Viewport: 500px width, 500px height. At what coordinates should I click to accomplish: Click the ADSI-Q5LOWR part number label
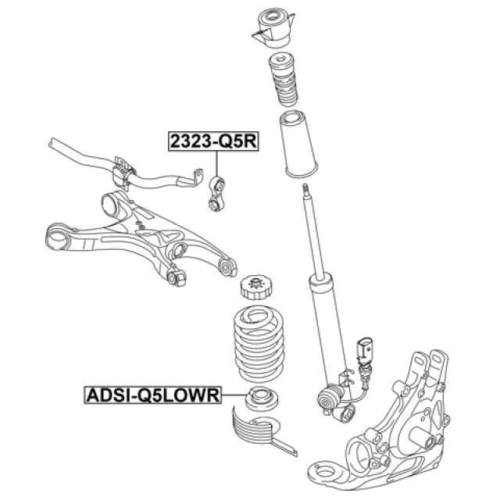click(x=153, y=396)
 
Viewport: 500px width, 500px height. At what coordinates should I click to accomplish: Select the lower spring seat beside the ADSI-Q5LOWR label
click(x=259, y=400)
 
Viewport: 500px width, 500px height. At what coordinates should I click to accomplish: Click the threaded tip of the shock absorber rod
click(x=305, y=189)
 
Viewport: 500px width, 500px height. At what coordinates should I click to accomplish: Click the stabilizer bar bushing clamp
click(x=123, y=172)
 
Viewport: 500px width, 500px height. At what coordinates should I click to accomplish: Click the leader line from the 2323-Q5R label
click(x=216, y=164)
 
